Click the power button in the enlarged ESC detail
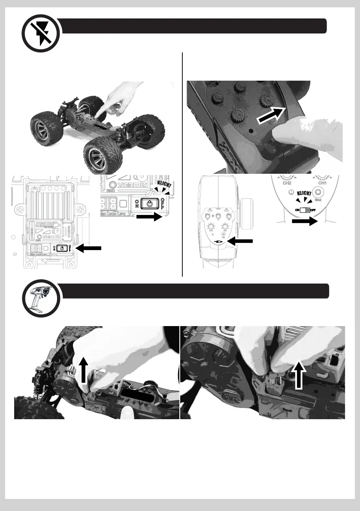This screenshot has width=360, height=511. click(x=149, y=203)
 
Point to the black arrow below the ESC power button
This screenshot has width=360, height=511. click(x=149, y=218)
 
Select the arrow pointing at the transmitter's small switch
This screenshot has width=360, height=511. click(x=242, y=242)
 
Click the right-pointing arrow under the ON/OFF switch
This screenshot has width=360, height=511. click(x=304, y=222)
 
